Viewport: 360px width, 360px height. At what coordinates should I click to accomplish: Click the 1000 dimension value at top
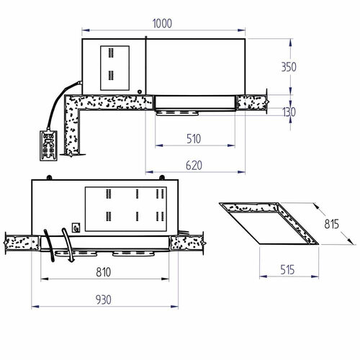click(x=163, y=23)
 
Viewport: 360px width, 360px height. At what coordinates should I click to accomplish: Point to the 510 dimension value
click(x=192, y=138)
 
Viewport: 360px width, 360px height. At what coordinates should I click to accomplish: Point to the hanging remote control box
click(x=50, y=145)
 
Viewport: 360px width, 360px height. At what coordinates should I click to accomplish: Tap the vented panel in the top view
click(x=114, y=64)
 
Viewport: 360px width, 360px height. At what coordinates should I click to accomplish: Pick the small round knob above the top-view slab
click(x=140, y=91)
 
